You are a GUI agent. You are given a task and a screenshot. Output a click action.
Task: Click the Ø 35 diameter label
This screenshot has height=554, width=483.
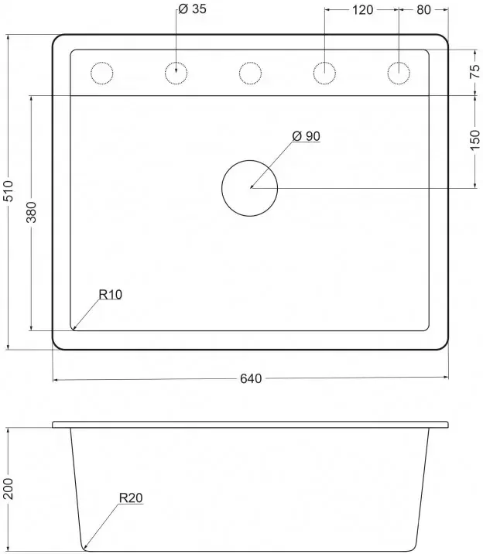(192, 9)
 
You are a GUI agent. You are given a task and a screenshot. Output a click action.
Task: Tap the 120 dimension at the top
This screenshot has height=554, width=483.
(362, 10)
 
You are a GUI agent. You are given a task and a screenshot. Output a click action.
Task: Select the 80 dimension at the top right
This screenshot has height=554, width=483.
(423, 10)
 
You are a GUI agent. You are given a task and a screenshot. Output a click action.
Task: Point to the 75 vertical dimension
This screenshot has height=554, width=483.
(475, 71)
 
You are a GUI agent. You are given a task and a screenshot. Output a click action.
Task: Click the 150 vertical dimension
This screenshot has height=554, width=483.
(475, 140)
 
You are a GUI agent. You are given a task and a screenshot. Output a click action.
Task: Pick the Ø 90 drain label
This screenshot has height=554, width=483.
(307, 136)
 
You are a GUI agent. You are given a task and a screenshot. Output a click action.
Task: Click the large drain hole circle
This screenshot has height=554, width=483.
(249, 160)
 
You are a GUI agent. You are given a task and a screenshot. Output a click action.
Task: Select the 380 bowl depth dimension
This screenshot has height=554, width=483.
(32, 212)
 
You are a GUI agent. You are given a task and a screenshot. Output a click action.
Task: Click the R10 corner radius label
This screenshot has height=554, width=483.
(110, 294)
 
